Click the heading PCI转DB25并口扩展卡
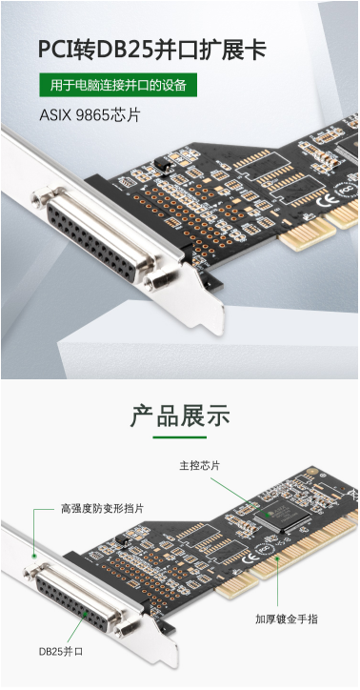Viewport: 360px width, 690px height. pos(152,50)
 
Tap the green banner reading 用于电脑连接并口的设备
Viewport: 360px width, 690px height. pos(118,85)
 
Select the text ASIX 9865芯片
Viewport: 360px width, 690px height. pos(90,115)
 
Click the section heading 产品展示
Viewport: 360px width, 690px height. pos(180,416)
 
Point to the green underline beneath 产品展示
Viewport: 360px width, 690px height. pos(180,437)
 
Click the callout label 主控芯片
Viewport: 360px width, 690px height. pos(199,466)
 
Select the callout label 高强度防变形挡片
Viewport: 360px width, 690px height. pos(102,509)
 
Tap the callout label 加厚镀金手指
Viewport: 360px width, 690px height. pos(287,619)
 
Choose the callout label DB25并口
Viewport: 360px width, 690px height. pos(60,652)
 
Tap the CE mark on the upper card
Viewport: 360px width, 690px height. pos(325,203)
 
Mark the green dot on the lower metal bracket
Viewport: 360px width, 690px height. pos(34,556)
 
